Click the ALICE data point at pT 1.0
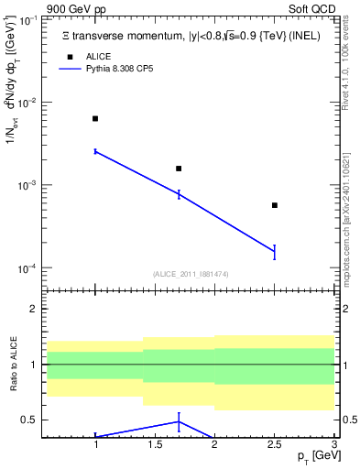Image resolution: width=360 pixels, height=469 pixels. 95,119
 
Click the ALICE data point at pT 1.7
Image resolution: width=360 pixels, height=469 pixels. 179,169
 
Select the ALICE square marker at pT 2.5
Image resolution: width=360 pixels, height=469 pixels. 275,205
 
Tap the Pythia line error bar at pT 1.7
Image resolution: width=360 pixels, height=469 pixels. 179,194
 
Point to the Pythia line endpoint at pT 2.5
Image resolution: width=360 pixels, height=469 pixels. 275,252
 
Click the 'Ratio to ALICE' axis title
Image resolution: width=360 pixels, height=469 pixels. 13,365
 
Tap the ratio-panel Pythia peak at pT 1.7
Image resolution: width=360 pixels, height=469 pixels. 179,420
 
